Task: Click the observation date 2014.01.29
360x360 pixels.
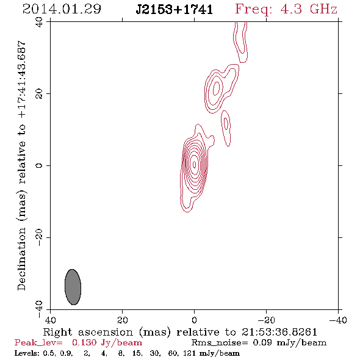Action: [62, 9]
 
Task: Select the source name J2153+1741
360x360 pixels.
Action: [175, 10]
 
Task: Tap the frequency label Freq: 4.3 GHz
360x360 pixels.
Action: [286, 9]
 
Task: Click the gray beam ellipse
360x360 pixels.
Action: [73, 287]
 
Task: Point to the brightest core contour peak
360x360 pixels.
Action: [195, 164]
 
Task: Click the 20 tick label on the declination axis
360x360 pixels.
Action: [39, 94]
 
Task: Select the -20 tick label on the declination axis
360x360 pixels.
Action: [39, 237]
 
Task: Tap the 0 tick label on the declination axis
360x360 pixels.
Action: [39, 165]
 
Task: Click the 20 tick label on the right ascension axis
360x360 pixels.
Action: [123, 320]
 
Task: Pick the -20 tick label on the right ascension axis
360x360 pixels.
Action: [266, 320]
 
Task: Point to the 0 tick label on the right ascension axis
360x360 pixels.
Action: [194, 320]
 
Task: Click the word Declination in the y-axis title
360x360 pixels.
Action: [21, 259]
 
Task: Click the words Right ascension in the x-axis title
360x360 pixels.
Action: [88, 332]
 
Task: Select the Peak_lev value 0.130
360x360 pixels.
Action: [84, 343]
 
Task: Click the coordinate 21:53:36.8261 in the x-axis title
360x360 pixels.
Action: [279, 332]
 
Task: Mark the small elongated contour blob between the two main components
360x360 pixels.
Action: [226, 128]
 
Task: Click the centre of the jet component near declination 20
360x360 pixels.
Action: [216, 88]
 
